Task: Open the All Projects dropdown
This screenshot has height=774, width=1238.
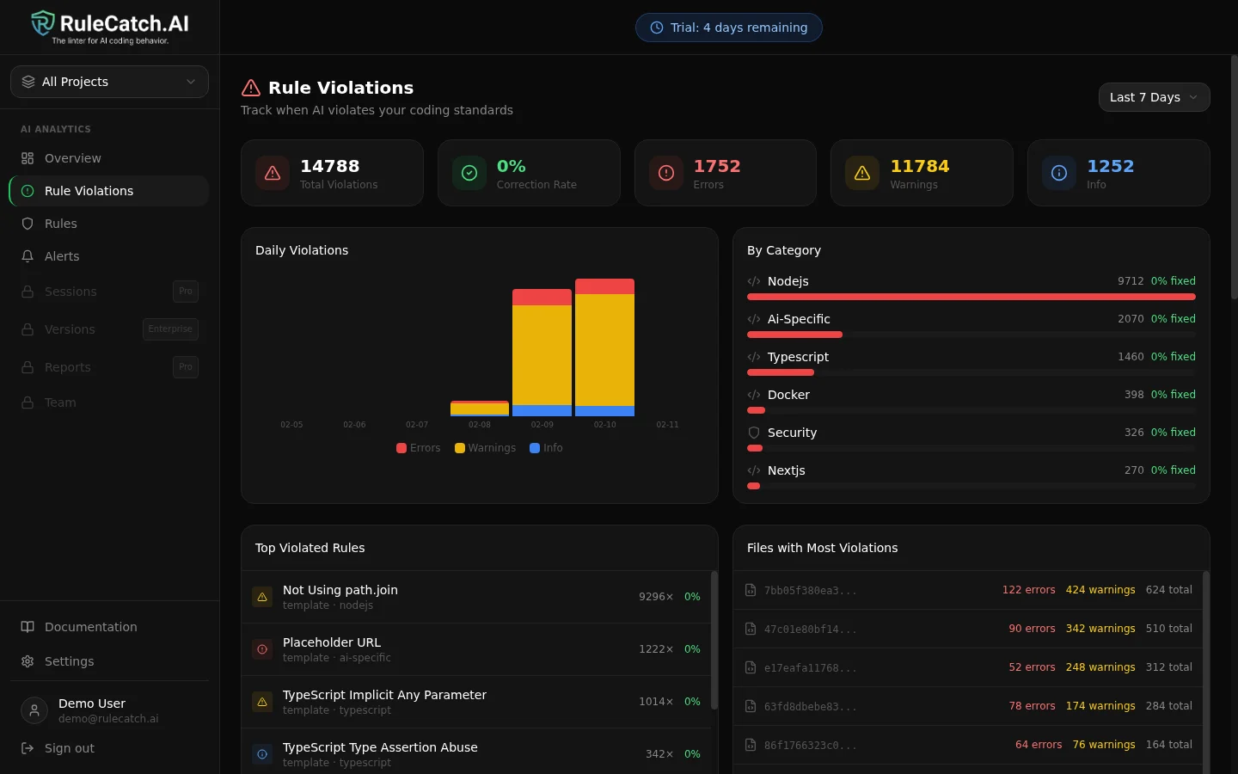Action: click(109, 82)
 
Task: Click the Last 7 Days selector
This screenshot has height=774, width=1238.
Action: click(1153, 97)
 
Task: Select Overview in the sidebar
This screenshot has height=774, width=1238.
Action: click(73, 158)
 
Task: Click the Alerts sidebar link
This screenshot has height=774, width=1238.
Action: click(62, 256)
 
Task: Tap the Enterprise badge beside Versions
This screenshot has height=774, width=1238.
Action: click(170, 329)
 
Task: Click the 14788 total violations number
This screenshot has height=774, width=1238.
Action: click(329, 166)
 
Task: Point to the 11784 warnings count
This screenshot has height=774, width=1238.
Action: click(919, 166)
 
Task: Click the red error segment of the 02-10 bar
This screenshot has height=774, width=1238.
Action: click(604, 286)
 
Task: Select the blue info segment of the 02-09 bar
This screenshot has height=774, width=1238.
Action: click(542, 410)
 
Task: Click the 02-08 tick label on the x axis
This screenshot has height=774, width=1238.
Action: click(480, 425)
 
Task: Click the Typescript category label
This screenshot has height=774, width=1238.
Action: click(798, 357)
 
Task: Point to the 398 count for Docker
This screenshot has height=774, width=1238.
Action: click(1133, 395)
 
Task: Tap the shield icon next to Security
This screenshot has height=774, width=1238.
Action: click(754, 433)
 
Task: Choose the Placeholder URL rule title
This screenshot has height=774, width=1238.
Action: click(332, 642)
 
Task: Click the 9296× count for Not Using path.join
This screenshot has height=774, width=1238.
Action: click(655, 597)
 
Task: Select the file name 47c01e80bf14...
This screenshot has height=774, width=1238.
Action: click(810, 630)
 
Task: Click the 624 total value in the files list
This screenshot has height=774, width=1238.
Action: click(1168, 590)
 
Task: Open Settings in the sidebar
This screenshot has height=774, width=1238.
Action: click(69, 661)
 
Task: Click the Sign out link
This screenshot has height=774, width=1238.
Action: click(69, 748)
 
